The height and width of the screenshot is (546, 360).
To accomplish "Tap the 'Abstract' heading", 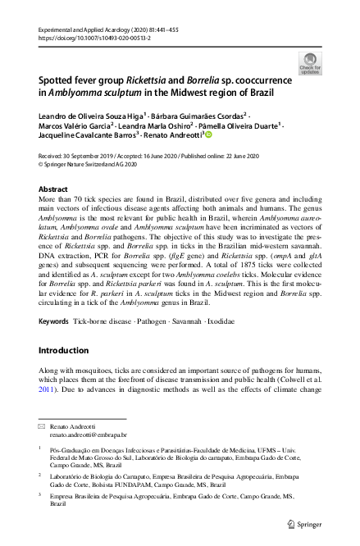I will (x=54, y=189).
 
